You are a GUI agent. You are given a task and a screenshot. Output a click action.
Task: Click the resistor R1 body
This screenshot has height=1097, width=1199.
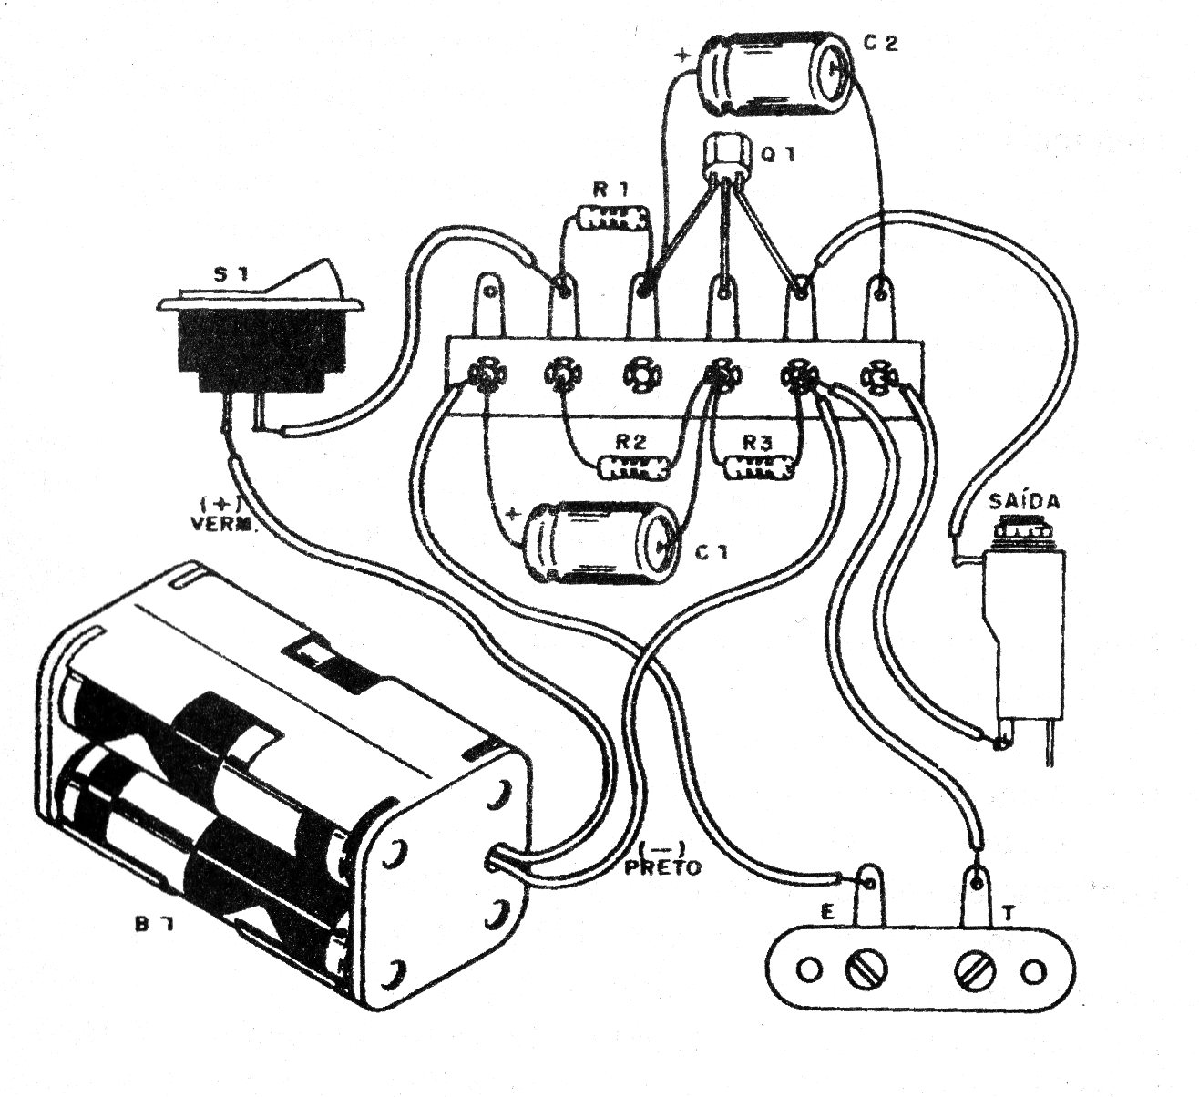614,218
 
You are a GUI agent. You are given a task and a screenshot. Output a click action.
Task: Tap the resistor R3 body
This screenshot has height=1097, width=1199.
759,468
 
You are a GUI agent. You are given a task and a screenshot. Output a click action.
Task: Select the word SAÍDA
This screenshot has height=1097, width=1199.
1023,503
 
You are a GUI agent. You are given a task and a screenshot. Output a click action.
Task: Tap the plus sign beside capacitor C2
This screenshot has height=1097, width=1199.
681,54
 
